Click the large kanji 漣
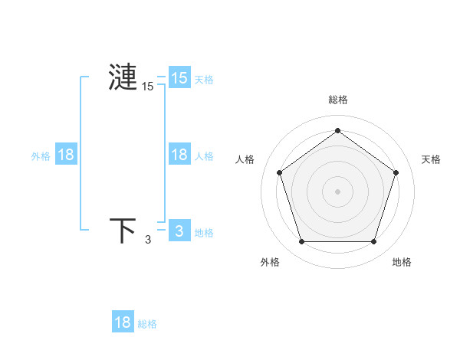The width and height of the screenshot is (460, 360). click(x=123, y=77)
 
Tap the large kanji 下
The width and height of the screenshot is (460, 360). click(x=123, y=230)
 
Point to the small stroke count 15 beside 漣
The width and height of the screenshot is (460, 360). click(x=147, y=87)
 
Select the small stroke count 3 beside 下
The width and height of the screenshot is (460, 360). click(x=148, y=240)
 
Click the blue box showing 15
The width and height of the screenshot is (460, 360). click(x=179, y=77)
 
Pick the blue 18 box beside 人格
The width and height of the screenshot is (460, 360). click(x=179, y=155)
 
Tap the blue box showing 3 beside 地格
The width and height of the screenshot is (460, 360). click(x=179, y=230)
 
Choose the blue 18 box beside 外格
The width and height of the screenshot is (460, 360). click(x=66, y=155)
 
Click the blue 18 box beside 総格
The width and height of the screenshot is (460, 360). click(x=123, y=322)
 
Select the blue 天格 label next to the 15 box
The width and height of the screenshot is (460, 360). click(x=204, y=79)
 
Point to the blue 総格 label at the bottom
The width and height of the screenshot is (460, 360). click(x=147, y=324)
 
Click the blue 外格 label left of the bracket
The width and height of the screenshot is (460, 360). click(x=41, y=156)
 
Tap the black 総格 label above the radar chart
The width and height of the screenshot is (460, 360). click(x=338, y=100)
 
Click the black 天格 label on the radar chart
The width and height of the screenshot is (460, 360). click(x=432, y=159)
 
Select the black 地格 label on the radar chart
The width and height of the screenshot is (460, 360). click(x=402, y=262)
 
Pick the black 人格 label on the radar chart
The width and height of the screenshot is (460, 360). click(x=245, y=159)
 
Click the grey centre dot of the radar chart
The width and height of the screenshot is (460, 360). click(x=337, y=191)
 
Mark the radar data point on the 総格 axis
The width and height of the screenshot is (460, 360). click(x=337, y=130)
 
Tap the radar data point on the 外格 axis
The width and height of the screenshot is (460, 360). click(x=301, y=242)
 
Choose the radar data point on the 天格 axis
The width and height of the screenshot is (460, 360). click(x=396, y=172)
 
